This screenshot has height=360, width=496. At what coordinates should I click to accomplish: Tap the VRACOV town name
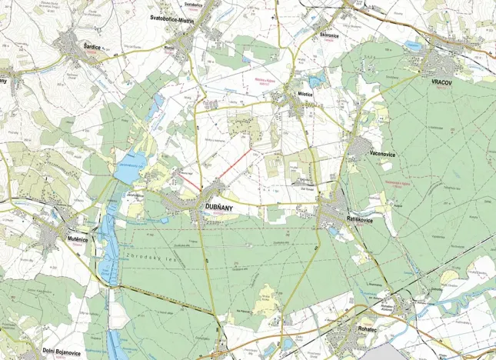[x=444, y=82]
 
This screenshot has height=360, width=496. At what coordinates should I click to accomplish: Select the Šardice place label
[x=92, y=47]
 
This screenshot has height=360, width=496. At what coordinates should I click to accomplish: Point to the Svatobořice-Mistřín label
[x=177, y=17]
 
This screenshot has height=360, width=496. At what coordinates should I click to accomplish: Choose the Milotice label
[x=307, y=93]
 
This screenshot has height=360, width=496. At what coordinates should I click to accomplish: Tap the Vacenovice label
[x=382, y=153]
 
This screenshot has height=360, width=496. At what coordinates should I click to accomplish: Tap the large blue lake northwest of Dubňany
[x=128, y=172]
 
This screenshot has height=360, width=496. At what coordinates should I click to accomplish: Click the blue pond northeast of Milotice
[x=316, y=80]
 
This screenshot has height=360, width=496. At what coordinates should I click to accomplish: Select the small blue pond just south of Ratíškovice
[x=334, y=228]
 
